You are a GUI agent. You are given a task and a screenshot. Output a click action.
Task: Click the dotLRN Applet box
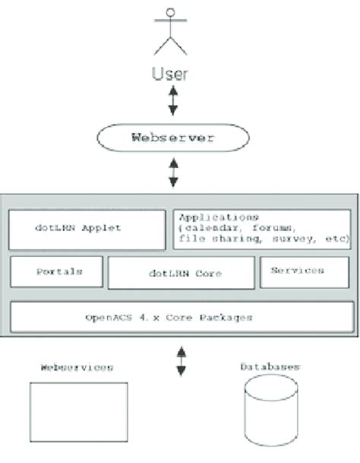coord(87,228)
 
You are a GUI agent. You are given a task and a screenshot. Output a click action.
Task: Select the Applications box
coord(263,227)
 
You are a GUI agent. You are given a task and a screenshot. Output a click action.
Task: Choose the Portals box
coord(55,271)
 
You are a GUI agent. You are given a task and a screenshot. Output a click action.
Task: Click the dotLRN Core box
coord(181,273)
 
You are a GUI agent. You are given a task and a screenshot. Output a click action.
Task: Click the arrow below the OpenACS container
coord(181,360)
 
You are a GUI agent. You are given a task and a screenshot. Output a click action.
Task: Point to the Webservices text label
coord(76,368)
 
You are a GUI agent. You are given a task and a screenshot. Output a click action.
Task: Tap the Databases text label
coord(270,367)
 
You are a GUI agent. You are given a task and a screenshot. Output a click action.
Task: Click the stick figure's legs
coord(172,46)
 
